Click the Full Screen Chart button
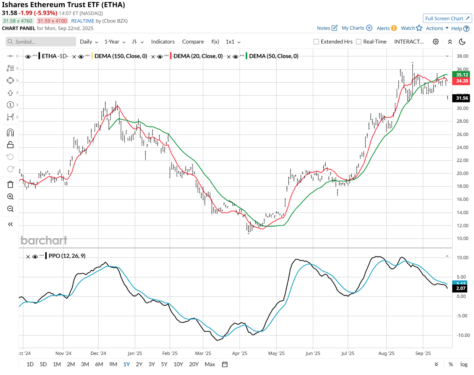point(447,18)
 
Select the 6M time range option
point(99,364)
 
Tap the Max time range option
point(210,364)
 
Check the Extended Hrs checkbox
point(316,42)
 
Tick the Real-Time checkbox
point(359,42)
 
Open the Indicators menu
point(163,42)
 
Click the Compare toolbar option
point(193,42)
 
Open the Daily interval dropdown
point(89,42)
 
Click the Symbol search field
point(41,42)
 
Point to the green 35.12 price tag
point(462,75)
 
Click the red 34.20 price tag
point(462,81)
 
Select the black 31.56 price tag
point(462,98)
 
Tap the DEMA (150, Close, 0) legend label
point(121,56)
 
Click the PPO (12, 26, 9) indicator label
point(67,256)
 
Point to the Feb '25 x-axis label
point(170,353)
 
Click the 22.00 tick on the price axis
point(462,160)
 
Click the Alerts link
point(383,28)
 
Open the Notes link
point(324,28)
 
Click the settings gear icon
point(435,42)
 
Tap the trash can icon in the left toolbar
point(10,185)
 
